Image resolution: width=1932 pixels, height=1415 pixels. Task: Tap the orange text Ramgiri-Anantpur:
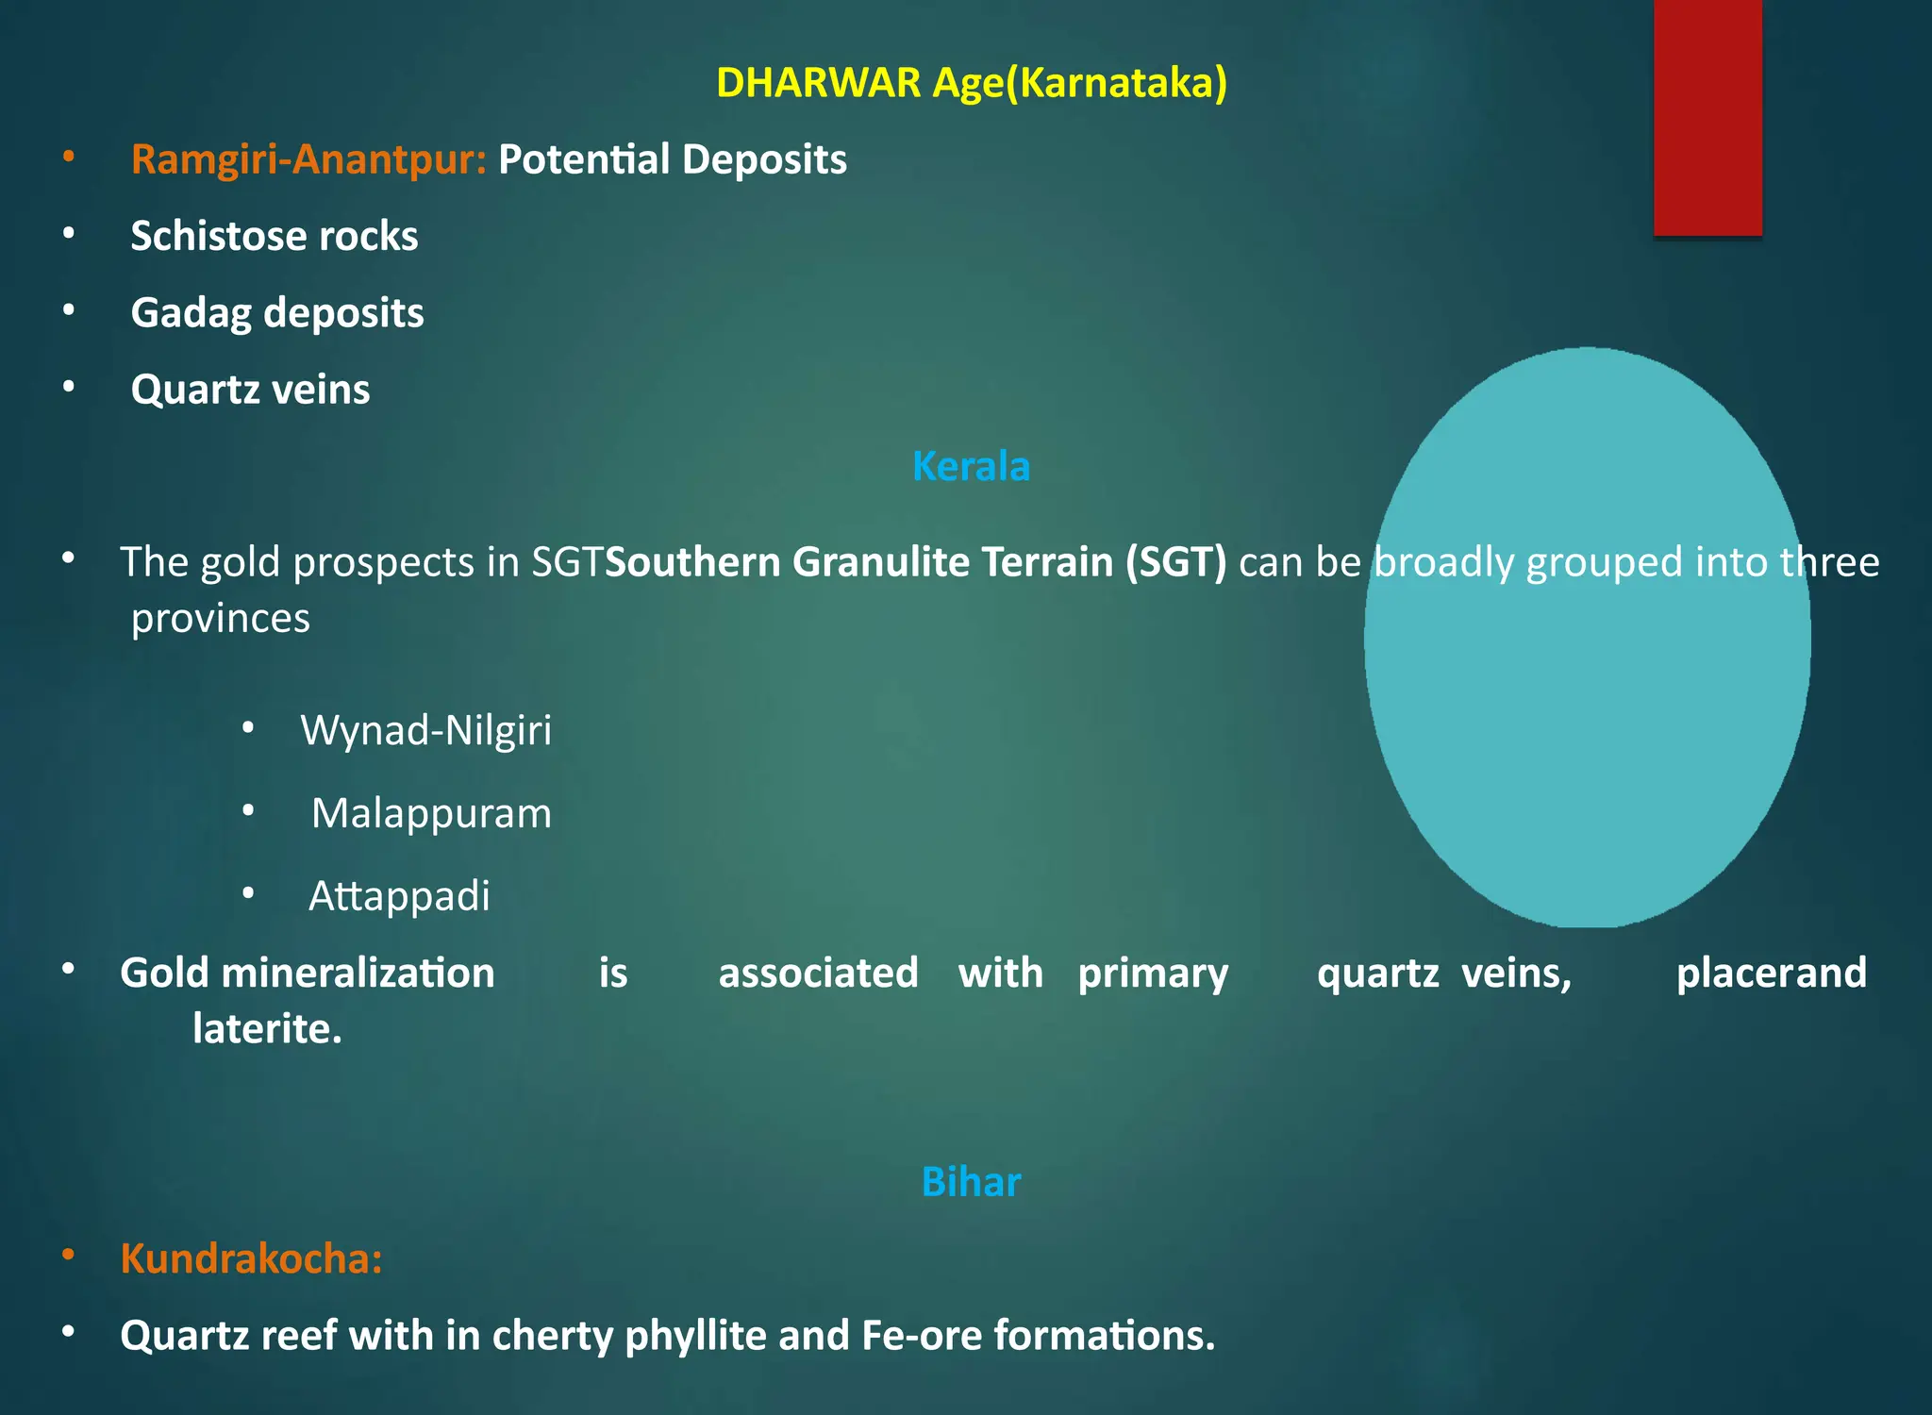[308, 159]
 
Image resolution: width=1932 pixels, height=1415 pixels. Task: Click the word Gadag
[191, 313]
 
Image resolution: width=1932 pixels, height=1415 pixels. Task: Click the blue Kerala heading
[971, 466]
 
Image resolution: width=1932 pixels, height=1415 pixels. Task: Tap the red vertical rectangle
[1707, 117]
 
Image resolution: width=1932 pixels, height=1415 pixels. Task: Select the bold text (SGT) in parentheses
[1175, 562]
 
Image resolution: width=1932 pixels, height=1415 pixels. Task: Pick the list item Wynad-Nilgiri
[425, 730]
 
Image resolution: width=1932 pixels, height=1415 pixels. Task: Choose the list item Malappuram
[431, 813]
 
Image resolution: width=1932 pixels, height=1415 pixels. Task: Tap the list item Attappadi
[399, 896]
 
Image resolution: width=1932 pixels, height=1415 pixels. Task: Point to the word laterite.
[266, 1028]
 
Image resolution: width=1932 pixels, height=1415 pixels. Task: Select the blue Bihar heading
[971, 1182]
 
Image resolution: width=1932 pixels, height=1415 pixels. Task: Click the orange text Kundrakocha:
[251, 1258]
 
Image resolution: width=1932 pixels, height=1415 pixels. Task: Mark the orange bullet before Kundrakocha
[68, 1255]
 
